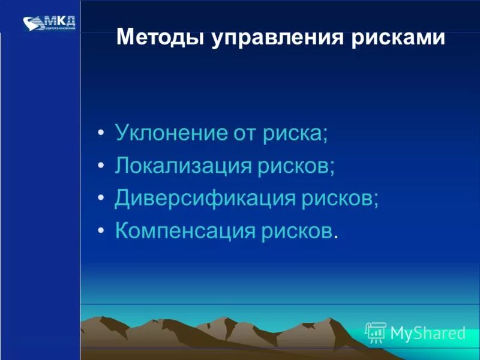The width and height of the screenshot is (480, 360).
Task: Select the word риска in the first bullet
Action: (x=293, y=132)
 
